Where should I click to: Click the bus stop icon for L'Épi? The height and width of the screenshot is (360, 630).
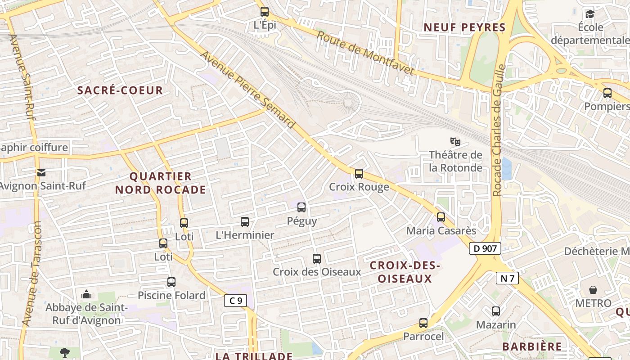(265, 12)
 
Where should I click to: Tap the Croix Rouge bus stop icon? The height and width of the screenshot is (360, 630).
(359, 173)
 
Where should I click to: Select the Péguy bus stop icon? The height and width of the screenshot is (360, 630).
(301, 207)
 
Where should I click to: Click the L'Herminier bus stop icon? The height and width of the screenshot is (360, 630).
(245, 221)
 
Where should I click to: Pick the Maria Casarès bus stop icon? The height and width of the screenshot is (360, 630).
(441, 217)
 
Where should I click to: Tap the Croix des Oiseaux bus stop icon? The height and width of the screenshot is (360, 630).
(317, 259)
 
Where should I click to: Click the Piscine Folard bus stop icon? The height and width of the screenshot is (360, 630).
(171, 282)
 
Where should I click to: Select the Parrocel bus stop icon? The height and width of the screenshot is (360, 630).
(423, 323)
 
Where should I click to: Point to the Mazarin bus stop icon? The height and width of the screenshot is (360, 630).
(496, 311)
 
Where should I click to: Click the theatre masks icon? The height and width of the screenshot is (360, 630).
(455, 142)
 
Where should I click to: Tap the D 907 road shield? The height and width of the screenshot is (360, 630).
(485, 248)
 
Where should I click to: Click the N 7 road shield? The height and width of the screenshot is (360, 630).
(507, 278)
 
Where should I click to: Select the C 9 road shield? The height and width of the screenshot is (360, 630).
(235, 301)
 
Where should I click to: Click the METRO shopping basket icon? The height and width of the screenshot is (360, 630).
(593, 290)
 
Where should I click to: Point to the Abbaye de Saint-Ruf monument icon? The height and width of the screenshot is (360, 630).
(86, 295)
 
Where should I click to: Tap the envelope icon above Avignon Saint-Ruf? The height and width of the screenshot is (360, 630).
(41, 172)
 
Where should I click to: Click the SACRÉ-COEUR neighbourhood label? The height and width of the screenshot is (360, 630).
(120, 90)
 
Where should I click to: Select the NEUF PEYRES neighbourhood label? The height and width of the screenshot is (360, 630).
(465, 27)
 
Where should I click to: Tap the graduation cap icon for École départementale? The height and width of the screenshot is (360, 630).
(590, 14)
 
